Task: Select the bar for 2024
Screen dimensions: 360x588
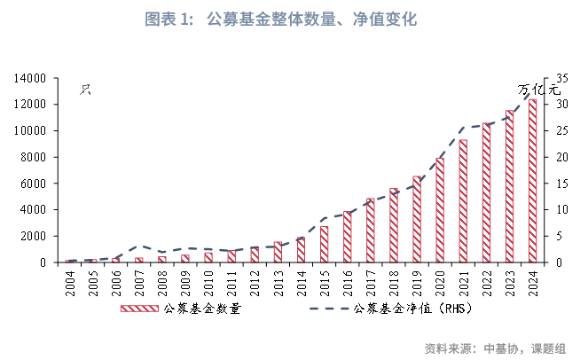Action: (x=532, y=181)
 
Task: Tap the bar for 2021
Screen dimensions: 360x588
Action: (x=463, y=201)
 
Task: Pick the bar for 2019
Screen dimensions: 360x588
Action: (x=417, y=219)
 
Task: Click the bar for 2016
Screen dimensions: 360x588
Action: (x=347, y=237)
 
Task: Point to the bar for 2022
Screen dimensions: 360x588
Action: (x=486, y=192)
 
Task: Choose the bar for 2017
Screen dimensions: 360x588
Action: (x=370, y=231)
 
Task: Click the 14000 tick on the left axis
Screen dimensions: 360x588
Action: (x=32, y=78)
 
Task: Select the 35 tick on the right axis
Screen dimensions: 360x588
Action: (x=556, y=78)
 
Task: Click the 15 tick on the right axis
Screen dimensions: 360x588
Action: (x=556, y=184)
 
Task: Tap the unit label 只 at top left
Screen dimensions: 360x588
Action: (x=86, y=89)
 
